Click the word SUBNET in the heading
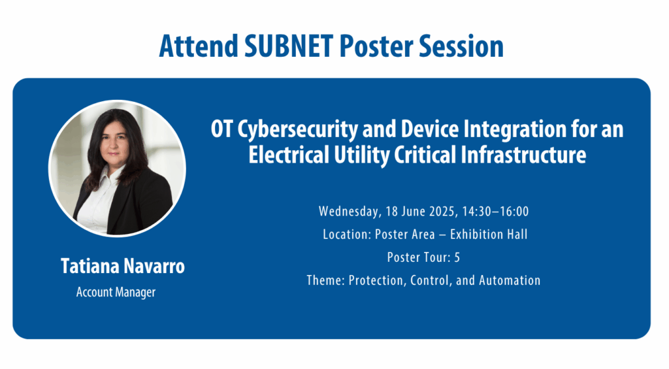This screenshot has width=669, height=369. (x=277, y=46)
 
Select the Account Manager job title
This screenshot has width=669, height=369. (x=116, y=292)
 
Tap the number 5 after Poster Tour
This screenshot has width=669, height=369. (x=457, y=257)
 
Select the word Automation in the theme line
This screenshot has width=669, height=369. (x=510, y=280)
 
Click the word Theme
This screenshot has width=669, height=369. (x=324, y=280)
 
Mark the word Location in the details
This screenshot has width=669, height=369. (x=345, y=234)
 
